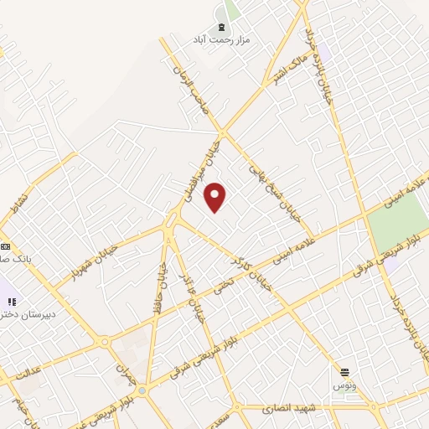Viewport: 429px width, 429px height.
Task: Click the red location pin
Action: click(x=215, y=197)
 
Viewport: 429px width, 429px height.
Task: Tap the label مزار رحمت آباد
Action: click(x=222, y=39)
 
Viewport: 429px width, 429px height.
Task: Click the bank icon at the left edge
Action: click(x=5, y=246)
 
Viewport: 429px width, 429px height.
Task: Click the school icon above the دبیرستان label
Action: click(x=12, y=301)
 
